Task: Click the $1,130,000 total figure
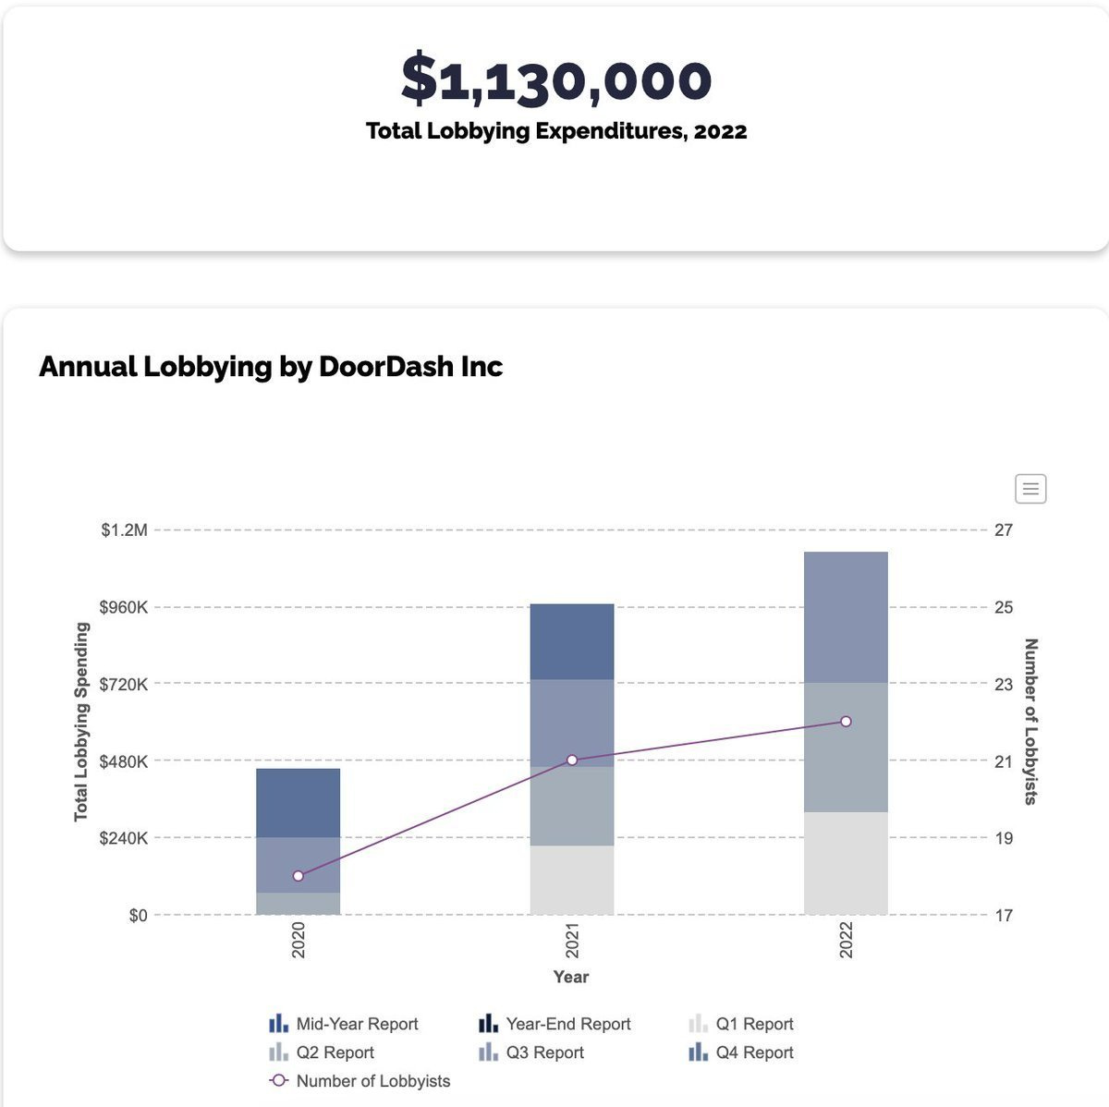(555, 79)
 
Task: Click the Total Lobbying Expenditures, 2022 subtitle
(555, 131)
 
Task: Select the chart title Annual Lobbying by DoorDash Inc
(271, 367)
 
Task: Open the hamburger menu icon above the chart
(1030, 488)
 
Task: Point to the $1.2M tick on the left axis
(124, 530)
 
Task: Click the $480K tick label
(124, 761)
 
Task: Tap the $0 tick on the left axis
(138, 916)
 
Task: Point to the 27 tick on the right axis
(1004, 530)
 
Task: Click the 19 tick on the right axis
(1004, 838)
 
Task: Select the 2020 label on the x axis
(299, 940)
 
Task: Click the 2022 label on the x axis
(846, 940)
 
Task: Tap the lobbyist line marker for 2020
(298, 876)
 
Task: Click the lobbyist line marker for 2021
(572, 760)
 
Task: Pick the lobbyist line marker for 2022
(846, 721)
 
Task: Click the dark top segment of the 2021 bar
(572, 641)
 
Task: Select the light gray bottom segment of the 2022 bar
(846, 863)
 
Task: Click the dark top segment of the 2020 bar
(298, 802)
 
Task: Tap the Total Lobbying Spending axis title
(81, 722)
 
